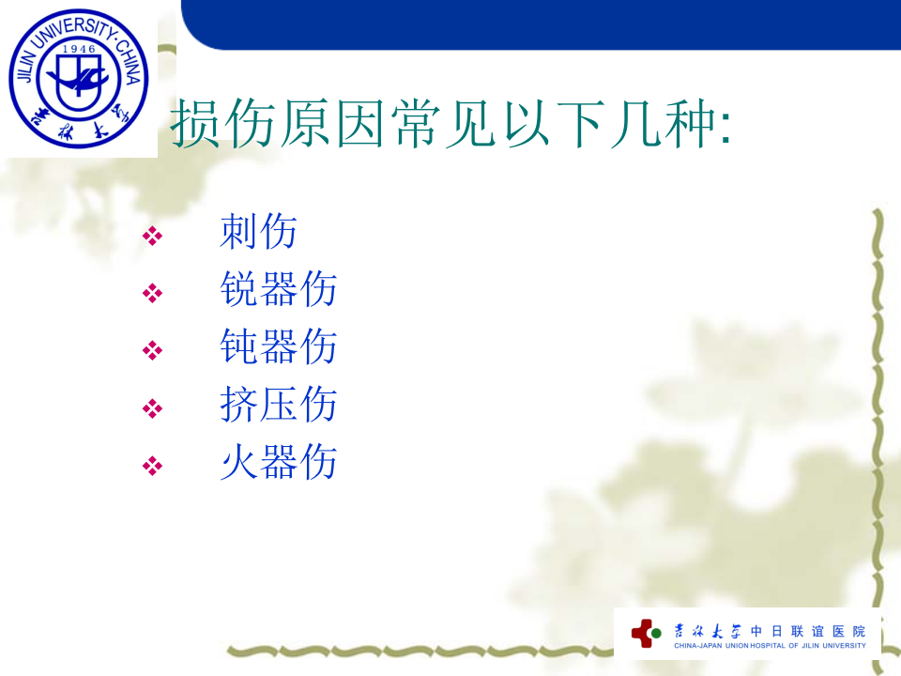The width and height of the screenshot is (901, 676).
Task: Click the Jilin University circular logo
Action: coord(79,78)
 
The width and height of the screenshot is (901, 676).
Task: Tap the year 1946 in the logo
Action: coord(79,49)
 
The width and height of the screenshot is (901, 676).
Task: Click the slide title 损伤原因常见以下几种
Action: coord(450,123)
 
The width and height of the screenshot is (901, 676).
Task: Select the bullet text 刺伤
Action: coord(259,231)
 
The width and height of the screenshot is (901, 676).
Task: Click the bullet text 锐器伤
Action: coord(278,288)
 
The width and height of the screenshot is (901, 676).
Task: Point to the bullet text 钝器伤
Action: coord(278,346)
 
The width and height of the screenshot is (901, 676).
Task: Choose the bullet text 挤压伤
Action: coord(278,404)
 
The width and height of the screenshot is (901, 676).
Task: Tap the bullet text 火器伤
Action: coord(278,462)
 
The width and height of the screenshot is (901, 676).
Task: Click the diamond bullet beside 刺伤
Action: coord(152,236)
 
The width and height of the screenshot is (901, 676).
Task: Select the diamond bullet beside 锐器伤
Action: coord(152,293)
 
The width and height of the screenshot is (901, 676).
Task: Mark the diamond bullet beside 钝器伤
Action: coord(152,350)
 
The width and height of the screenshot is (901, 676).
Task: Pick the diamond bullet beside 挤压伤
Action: coord(152,408)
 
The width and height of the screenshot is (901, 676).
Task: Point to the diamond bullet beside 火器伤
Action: coord(152,466)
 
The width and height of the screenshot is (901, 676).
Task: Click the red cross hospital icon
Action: coord(643,634)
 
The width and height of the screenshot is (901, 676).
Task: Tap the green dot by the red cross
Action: coord(656,634)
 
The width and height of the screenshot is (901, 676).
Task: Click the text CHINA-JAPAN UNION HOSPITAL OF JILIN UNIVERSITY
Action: coord(770,646)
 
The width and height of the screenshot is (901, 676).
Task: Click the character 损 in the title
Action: coord(195,123)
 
